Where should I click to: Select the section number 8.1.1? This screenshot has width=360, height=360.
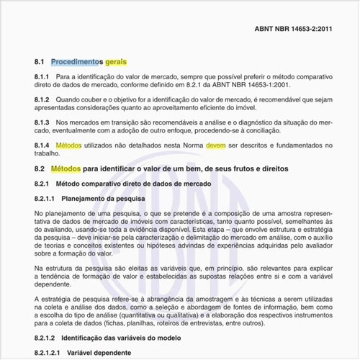tap(42, 76)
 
